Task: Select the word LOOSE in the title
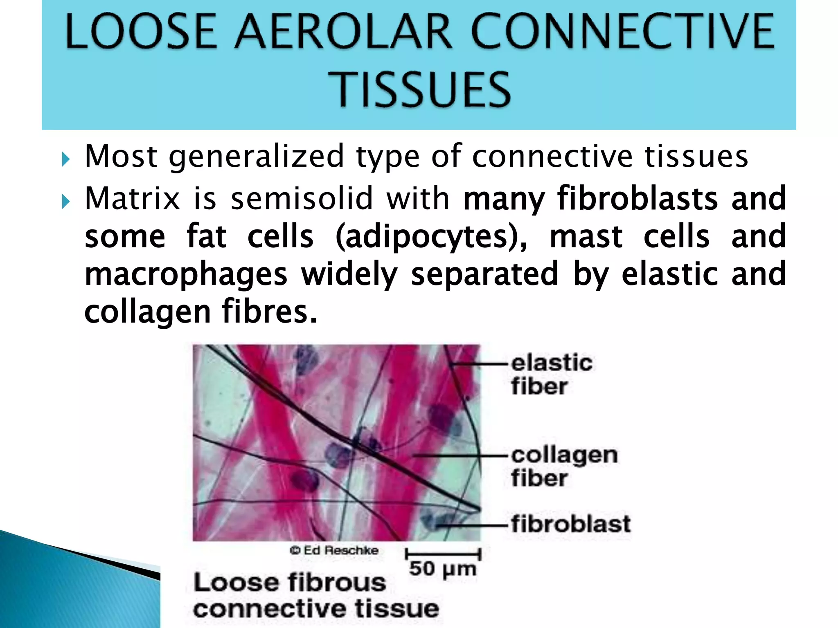coord(140,32)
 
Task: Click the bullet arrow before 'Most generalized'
coord(65,159)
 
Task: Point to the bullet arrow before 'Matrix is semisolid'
coord(65,201)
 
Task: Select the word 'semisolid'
coord(302,199)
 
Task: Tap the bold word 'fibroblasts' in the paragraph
coord(638,199)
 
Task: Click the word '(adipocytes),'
coord(431,237)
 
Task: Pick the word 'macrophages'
coord(186,274)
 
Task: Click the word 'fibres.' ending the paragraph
coord(269,312)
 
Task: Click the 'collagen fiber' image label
coord(564,466)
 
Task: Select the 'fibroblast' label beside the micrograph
coord(570,524)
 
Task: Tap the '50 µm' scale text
coord(443,569)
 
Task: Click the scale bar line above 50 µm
coord(443,555)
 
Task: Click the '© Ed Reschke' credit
coord(334,551)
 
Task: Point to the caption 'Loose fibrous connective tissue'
coord(315,595)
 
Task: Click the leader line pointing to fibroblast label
coord(483,524)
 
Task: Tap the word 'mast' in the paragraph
coord(586,237)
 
